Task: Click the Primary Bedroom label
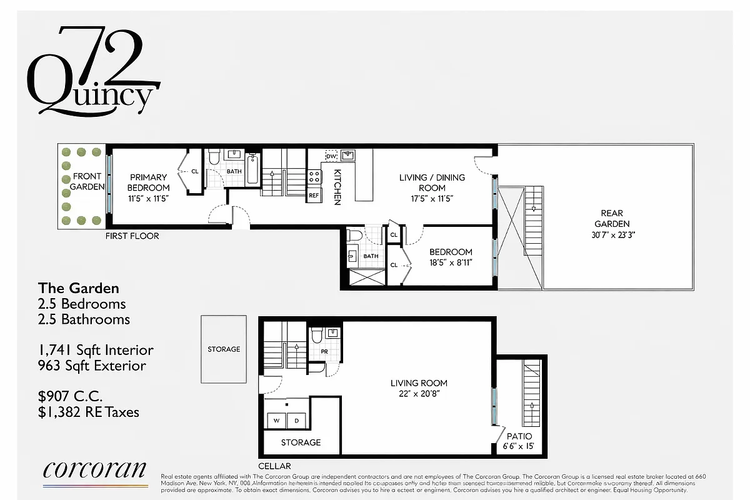click(148, 182)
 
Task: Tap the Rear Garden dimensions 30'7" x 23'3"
click(612, 235)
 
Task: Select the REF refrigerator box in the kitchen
click(314, 195)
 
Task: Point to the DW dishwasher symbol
click(331, 155)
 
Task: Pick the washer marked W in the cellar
click(276, 421)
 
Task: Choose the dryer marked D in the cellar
click(297, 421)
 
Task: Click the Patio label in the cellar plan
click(519, 436)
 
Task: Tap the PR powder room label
click(325, 351)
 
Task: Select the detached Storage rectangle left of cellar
click(224, 349)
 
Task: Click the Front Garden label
click(87, 182)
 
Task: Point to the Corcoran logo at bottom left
click(95, 471)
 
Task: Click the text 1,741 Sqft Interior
click(96, 351)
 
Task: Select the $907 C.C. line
click(71, 396)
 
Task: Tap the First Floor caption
click(132, 236)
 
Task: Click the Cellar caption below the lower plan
click(274, 466)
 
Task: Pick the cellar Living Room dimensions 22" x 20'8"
click(419, 394)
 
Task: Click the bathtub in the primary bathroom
click(253, 169)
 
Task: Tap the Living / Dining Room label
click(432, 182)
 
